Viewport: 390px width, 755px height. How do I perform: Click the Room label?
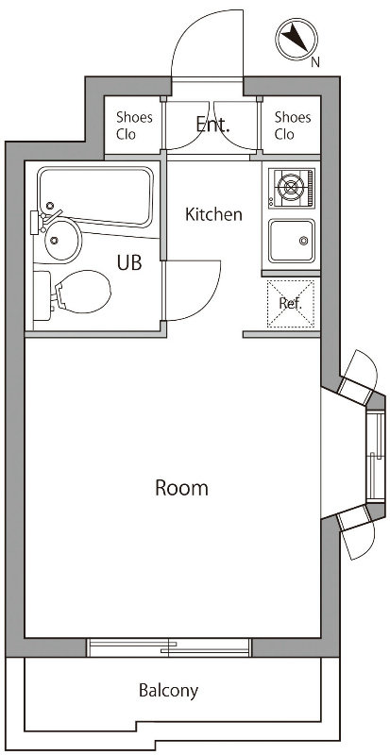(181, 488)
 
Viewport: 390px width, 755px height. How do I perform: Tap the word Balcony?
(168, 691)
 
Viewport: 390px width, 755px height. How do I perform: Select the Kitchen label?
(213, 214)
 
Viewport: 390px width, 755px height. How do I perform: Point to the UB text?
(129, 262)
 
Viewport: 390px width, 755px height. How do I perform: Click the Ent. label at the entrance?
(212, 125)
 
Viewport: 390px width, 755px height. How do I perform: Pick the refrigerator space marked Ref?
(291, 303)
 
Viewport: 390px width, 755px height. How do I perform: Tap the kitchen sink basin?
(291, 241)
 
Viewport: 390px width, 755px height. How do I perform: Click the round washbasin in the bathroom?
(63, 241)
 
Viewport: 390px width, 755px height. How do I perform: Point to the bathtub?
(95, 196)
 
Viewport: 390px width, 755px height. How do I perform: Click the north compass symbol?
(297, 40)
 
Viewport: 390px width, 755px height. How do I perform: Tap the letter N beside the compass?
(315, 62)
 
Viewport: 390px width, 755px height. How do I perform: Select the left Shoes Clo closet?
(133, 126)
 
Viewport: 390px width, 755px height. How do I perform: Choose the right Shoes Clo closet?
(291, 126)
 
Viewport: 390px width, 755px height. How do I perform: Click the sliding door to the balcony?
(169, 647)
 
